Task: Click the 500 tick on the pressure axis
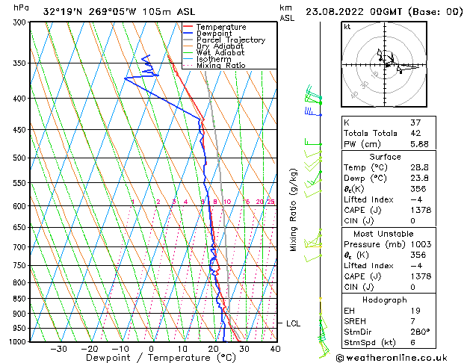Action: pos(16,158)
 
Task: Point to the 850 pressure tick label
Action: pos(16,298)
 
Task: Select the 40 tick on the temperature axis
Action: pos(275,349)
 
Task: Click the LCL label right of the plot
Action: pos(293,323)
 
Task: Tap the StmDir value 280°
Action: pos(421,332)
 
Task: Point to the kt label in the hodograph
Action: pos(347,26)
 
